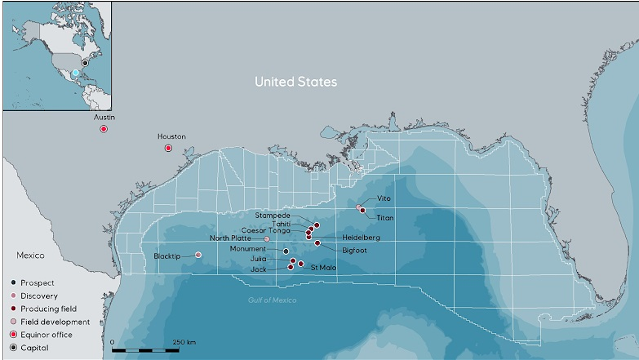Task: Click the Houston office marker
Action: (168, 148)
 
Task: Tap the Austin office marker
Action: (104, 129)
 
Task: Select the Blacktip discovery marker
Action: (199, 255)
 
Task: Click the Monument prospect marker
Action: (286, 251)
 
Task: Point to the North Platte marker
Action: (267, 239)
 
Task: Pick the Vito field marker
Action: (359, 207)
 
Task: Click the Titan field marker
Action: (363, 211)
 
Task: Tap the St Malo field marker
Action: (301, 264)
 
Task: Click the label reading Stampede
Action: (273, 216)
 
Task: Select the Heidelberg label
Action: (361, 238)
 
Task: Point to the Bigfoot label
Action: (354, 250)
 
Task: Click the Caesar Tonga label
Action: (266, 231)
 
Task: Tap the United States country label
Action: (296, 82)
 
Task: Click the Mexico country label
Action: (30, 256)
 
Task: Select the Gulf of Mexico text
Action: (272, 300)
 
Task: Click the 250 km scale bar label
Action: (184, 342)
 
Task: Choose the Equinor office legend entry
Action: (46, 335)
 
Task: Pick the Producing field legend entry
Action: (48, 309)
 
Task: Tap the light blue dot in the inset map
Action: (76, 72)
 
